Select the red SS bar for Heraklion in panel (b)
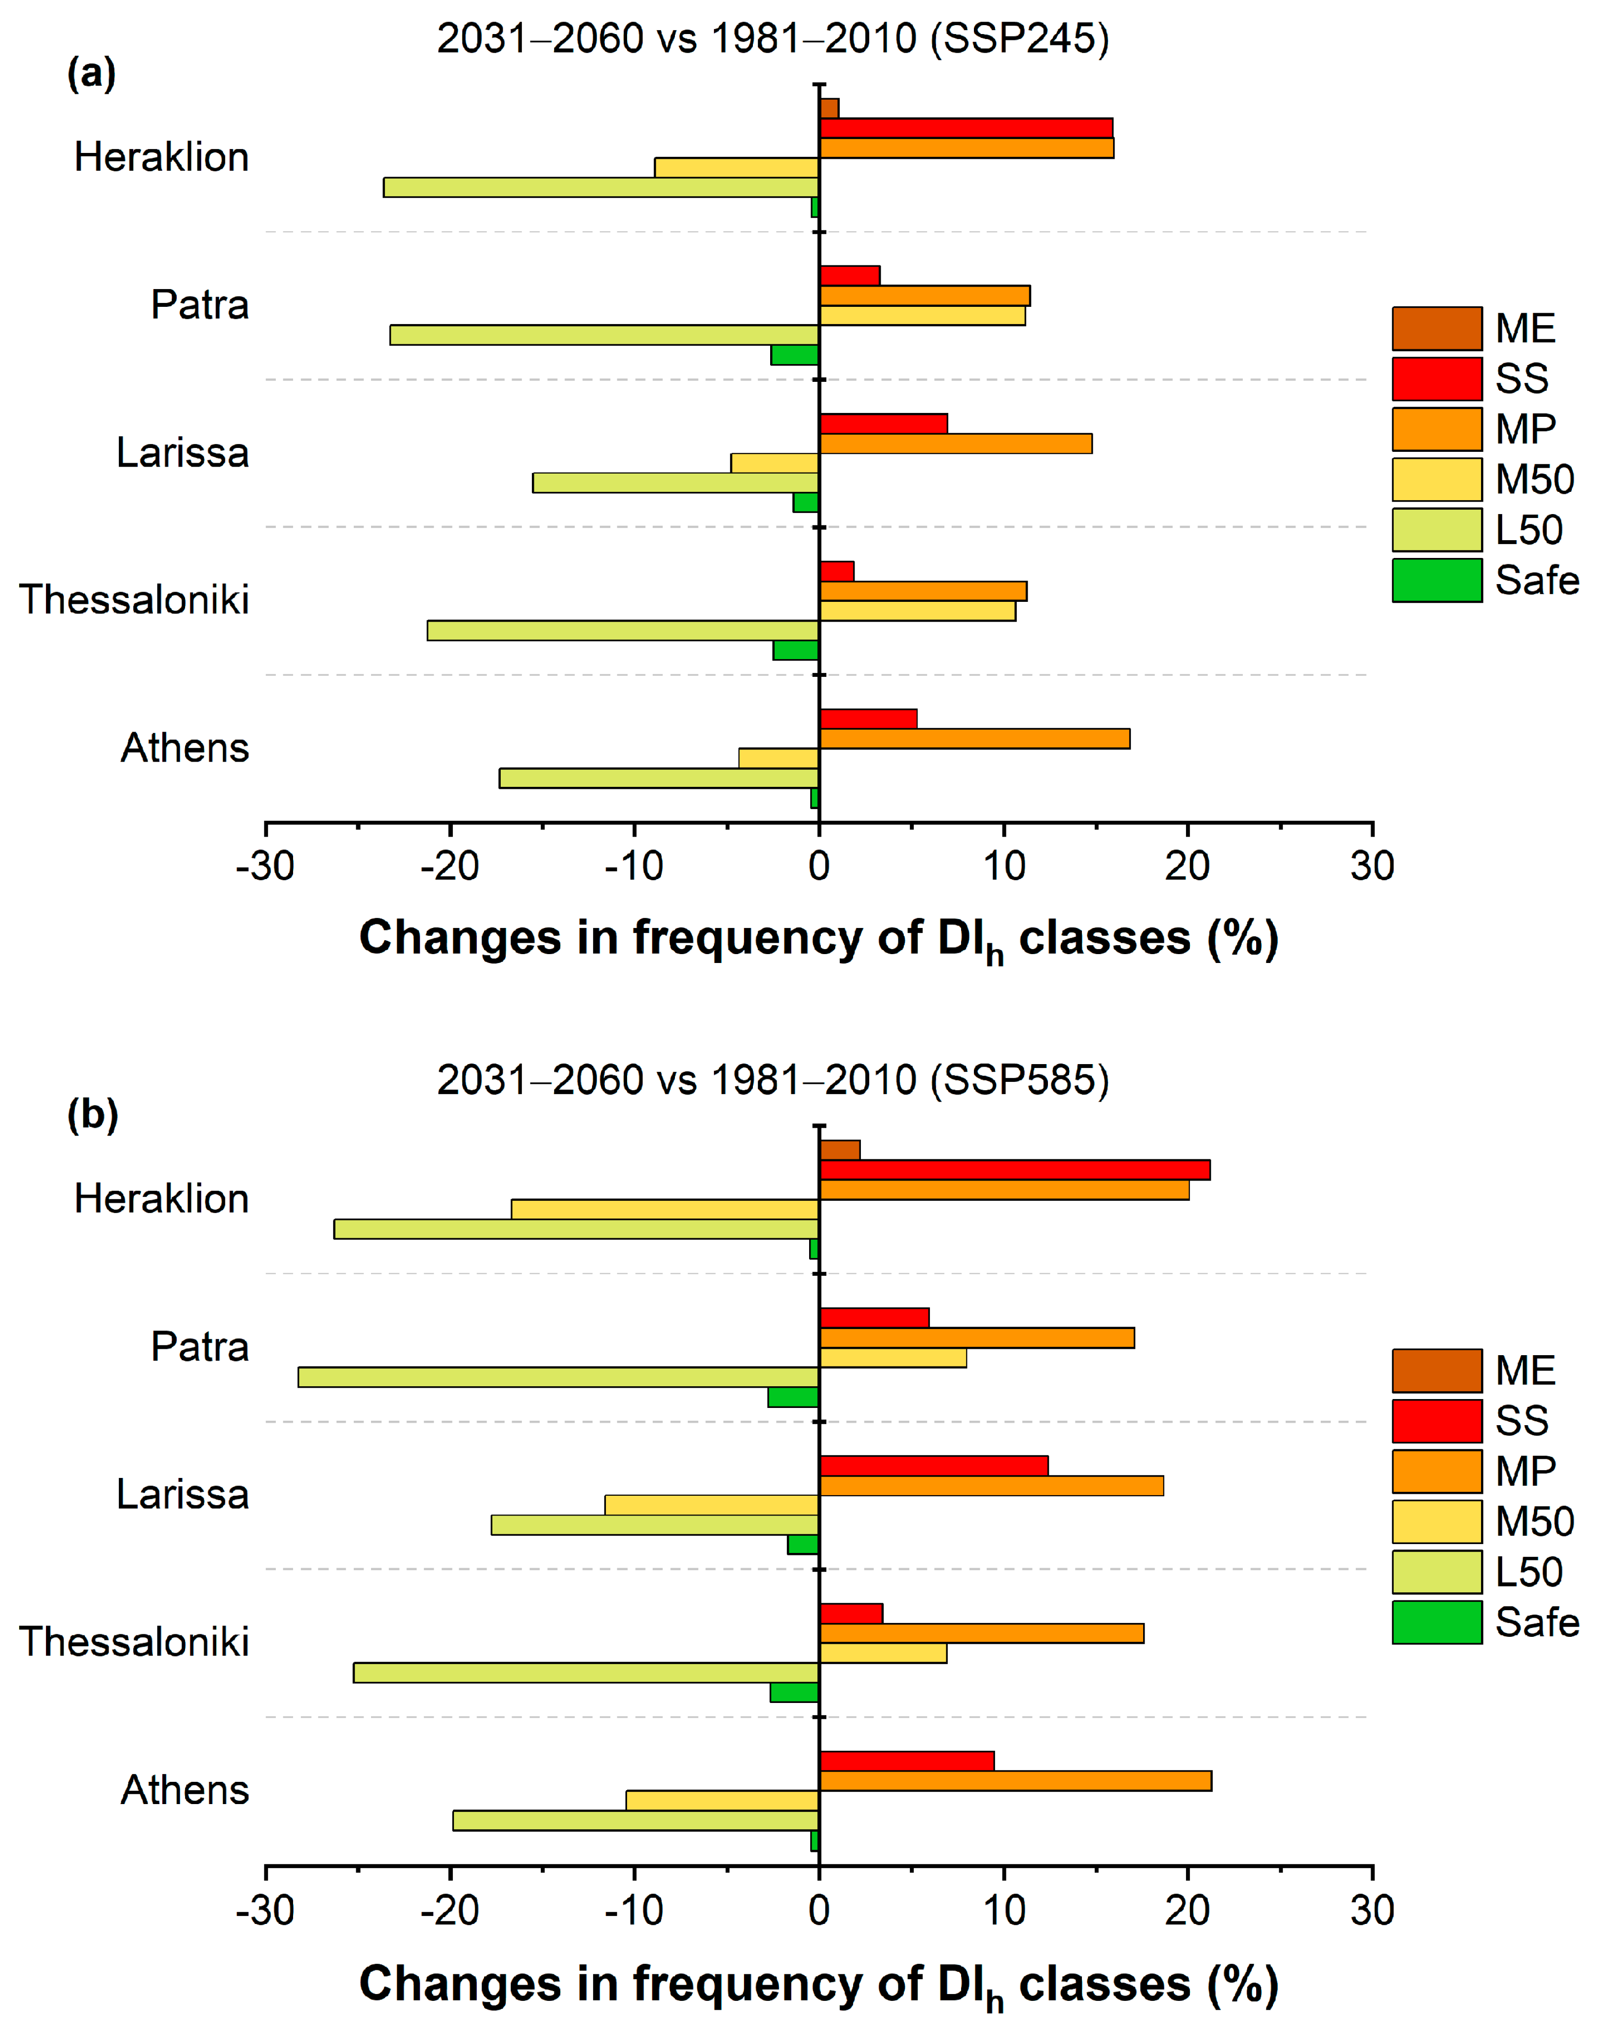pyautogui.click(x=1015, y=1169)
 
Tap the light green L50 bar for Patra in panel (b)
pyautogui.click(x=558, y=1377)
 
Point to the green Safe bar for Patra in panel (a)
pyautogui.click(x=795, y=355)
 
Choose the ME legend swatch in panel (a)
pyautogui.click(x=1437, y=329)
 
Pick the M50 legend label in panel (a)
pyautogui.click(x=1534, y=480)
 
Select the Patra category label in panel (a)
pyautogui.click(x=200, y=305)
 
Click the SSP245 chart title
pyautogui.click(x=773, y=38)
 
